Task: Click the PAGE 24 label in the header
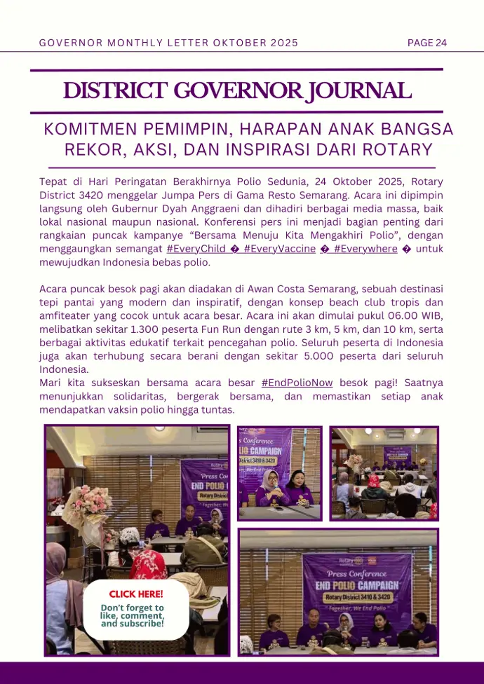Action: click(426, 43)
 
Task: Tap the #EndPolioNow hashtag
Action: click(297, 383)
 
